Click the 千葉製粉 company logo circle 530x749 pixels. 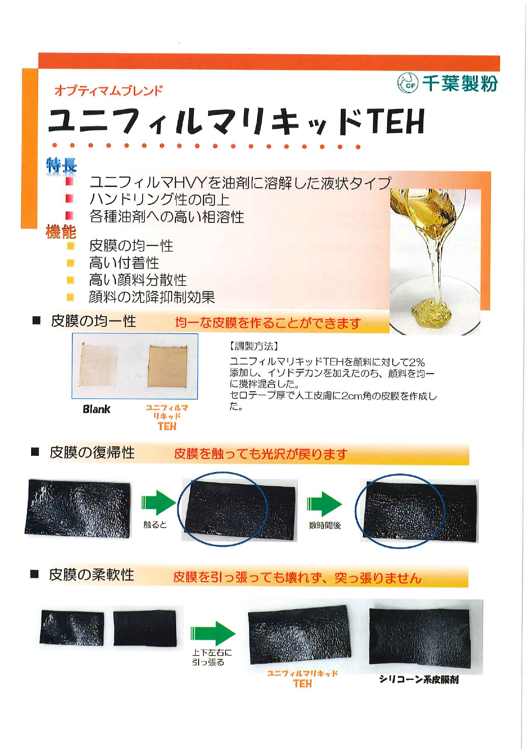pyautogui.click(x=407, y=83)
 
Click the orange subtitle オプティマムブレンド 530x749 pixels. pyautogui.click(x=108, y=90)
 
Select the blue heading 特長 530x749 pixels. pyautogui.click(x=61, y=165)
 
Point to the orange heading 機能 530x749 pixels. pyautogui.click(x=61, y=232)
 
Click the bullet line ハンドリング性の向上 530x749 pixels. pyautogui.click(x=159, y=199)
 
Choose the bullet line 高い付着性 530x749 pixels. pyautogui.click(x=124, y=262)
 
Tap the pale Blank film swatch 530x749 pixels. pyautogui.click(x=99, y=364)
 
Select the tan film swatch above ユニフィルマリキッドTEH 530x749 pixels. pyautogui.click(x=167, y=366)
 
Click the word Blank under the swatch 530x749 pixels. pyautogui.click(x=97, y=409)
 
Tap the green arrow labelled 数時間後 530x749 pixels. pyautogui.click(x=324, y=504)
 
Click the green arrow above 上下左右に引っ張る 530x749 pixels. pyautogui.click(x=213, y=633)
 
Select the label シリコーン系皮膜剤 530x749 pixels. pyautogui.click(x=419, y=679)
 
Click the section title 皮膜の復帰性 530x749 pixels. pyautogui.click(x=92, y=452)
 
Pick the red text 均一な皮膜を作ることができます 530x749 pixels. pyautogui.click(x=268, y=323)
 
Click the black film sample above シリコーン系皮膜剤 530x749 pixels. pyautogui.click(x=419, y=636)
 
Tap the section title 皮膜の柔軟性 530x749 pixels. pyautogui.click(x=91, y=575)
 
